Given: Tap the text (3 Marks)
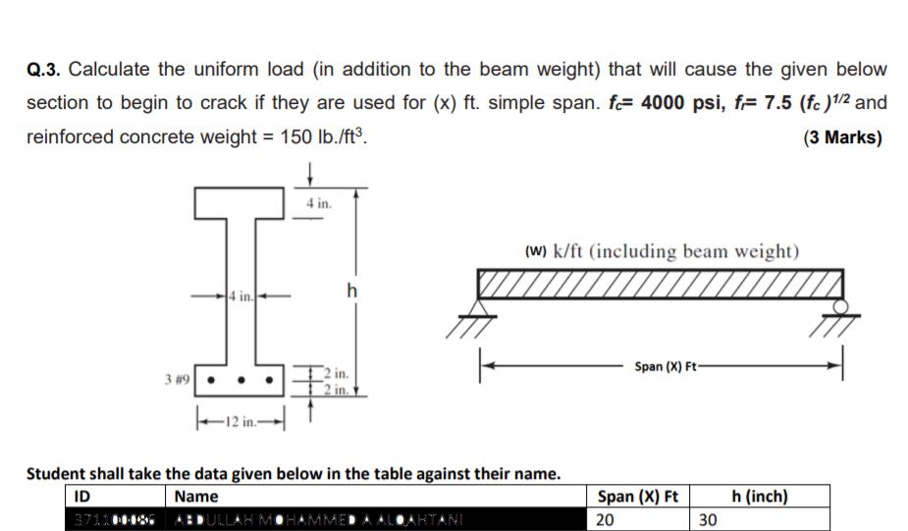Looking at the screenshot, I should (x=842, y=137).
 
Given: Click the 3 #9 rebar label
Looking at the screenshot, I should (x=177, y=376).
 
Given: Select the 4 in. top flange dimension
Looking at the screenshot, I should (x=319, y=205).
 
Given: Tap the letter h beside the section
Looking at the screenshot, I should (x=352, y=291).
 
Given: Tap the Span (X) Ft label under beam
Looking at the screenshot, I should (x=666, y=366).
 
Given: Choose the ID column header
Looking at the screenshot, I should (x=84, y=497).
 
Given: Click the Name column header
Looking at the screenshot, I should (x=196, y=497).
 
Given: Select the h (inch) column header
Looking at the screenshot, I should (x=761, y=497).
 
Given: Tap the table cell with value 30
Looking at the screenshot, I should (x=710, y=518).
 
